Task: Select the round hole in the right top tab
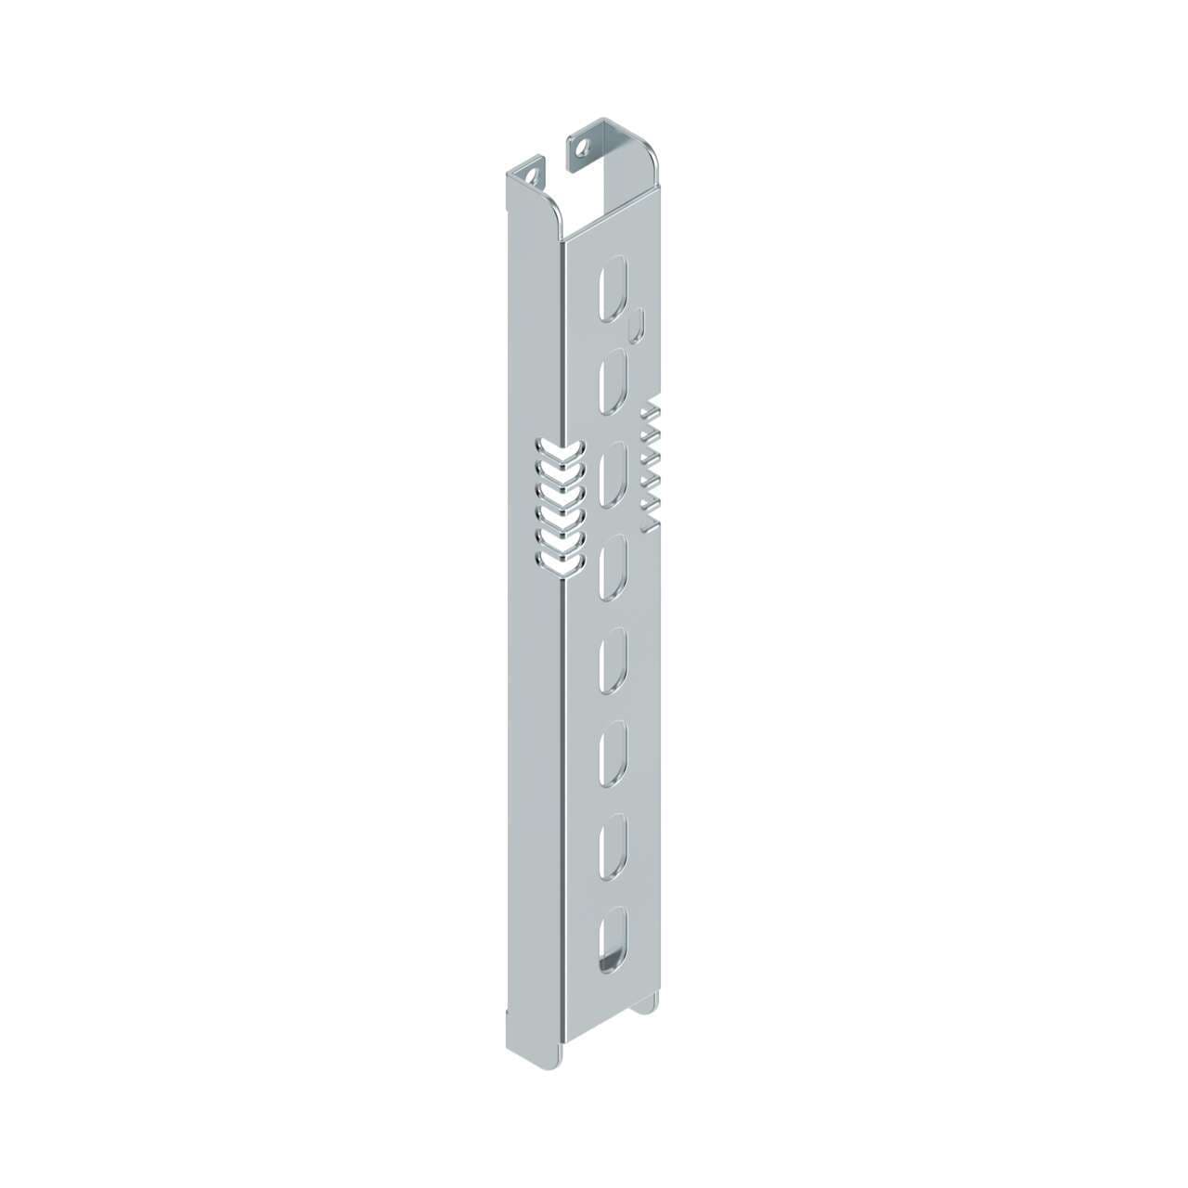coord(582,147)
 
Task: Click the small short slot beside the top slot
coord(637,327)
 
